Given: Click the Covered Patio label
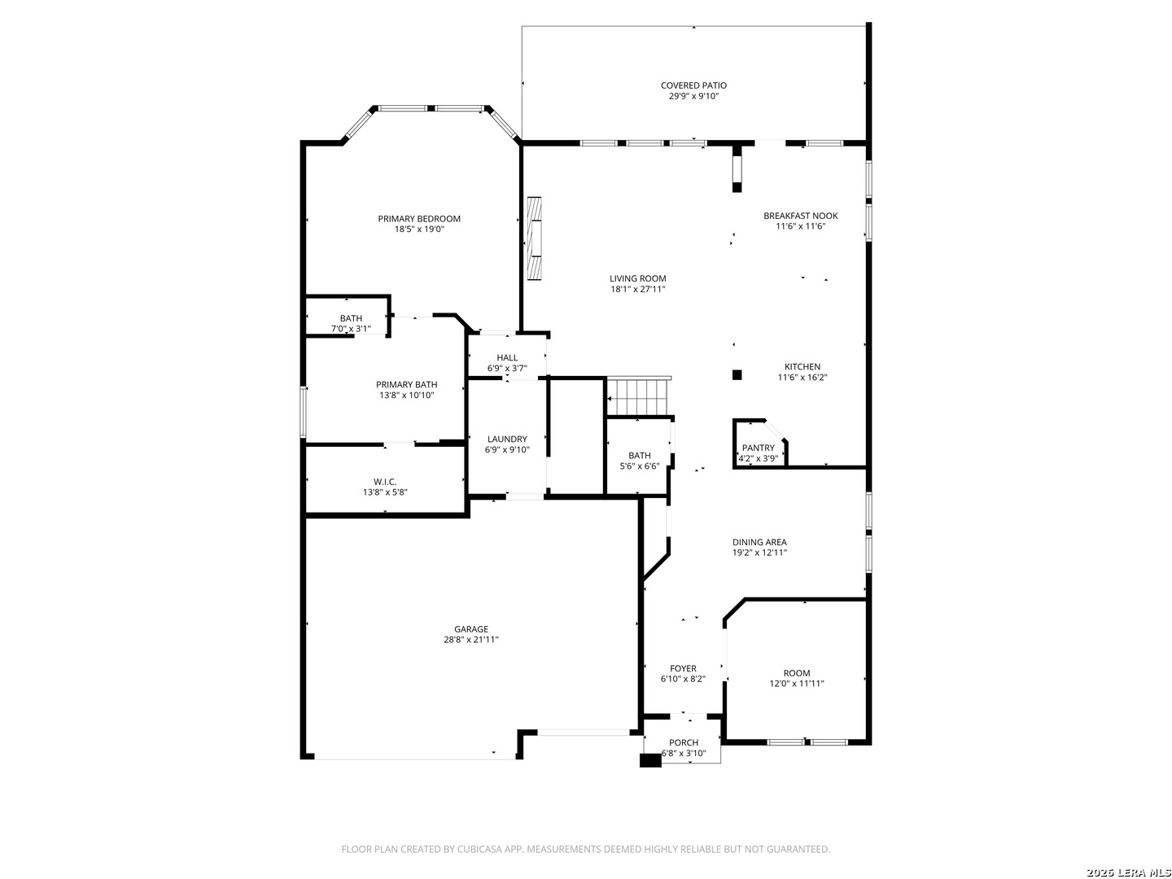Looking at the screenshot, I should [693, 85].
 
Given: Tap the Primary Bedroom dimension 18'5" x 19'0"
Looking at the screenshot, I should [419, 230].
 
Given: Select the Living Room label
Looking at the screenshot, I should [638, 278].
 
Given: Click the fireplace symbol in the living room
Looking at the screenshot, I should [534, 238].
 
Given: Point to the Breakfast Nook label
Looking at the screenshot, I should [800, 216].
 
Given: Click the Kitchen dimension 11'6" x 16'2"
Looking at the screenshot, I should [802, 378].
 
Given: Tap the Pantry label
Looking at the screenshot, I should [758, 448].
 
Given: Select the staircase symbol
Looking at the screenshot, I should [640, 396].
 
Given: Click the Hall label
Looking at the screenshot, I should [507, 357].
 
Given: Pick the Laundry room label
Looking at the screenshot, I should [507, 439].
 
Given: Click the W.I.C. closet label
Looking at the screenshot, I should [385, 481].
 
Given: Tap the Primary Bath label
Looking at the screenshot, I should [406, 384].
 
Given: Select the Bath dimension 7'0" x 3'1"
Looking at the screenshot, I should [351, 329].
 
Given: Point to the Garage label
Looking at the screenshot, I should [471, 628].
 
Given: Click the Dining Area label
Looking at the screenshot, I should [759, 542].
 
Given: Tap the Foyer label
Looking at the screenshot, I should [683, 668].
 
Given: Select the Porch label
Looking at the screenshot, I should [684, 742].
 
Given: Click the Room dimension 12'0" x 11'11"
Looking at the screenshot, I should [797, 684].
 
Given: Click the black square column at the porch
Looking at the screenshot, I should [650, 761].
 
